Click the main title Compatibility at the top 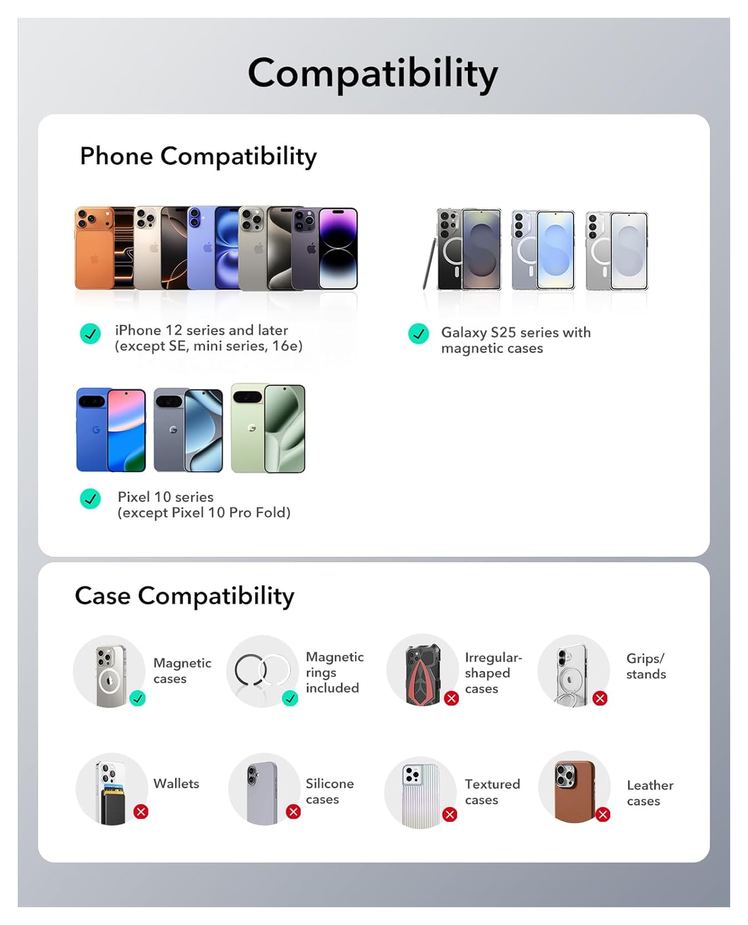tap(373, 73)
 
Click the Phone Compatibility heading tap(198, 157)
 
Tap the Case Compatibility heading tap(185, 596)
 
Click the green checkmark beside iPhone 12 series tap(91, 334)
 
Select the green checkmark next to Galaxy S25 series tap(418, 334)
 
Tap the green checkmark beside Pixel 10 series tap(91, 498)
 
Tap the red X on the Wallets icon tap(141, 812)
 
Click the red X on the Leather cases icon tap(603, 815)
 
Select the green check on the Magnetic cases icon tap(138, 698)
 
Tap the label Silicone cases tap(330, 791)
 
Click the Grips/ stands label tap(646, 666)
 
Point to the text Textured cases tap(492, 792)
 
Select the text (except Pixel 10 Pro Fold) tap(204, 512)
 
